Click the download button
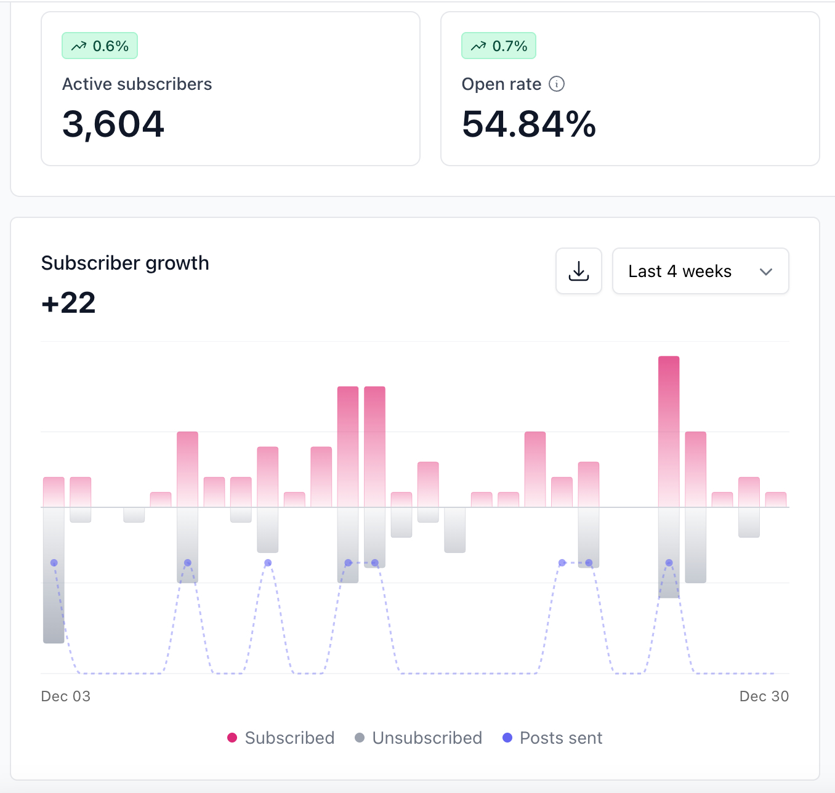(x=579, y=271)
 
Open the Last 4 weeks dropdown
(x=700, y=271)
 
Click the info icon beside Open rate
(x=557, y=84)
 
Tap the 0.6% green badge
(x=100, y=46)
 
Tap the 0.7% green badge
(x=499, y=46)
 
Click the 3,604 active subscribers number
(x=113, y=124)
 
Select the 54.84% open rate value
(x=529, y=124)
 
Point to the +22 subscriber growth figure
(x=68, y=303)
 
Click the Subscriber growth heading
(x=125, y=263)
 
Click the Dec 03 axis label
(x=65, y=696)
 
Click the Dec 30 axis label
(x=764, y=696)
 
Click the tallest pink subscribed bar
(x=669, y=431)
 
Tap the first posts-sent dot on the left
(x=54, y=563)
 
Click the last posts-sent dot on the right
(x=669, y=563)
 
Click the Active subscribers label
(x=137, y=84)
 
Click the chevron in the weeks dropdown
(x=766, y=272)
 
